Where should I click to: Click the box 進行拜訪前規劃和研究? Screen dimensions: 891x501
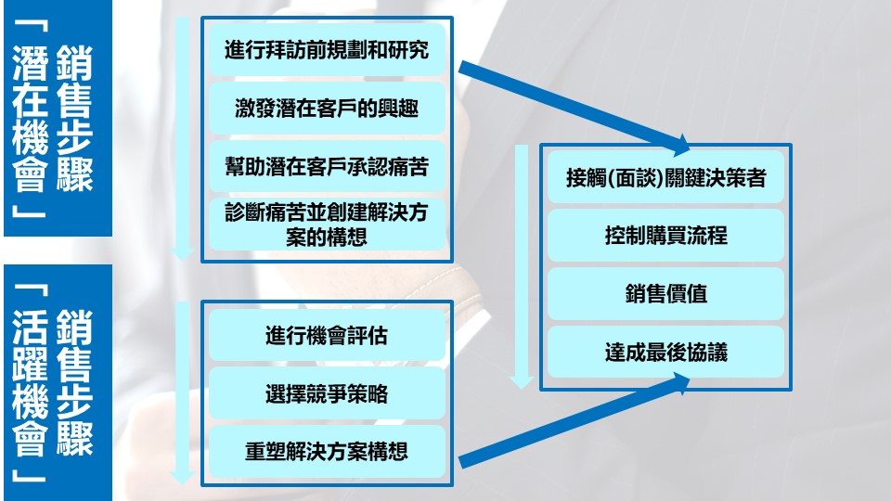(x=327, y=50)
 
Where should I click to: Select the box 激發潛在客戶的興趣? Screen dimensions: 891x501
(x=327, y=108)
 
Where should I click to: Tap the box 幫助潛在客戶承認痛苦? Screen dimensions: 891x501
(x=327, y=166)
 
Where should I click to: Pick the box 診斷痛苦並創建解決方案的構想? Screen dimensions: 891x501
(x=327, y=225)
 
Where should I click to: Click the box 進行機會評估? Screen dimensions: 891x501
(x=327, y=335)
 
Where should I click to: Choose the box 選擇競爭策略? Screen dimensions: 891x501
(x=327, y=393)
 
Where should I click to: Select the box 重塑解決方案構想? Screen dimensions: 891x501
(x=327, y=452)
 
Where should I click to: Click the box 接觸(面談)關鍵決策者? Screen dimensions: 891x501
(x=666, y=177)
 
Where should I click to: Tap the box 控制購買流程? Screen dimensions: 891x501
(x=666, y=235)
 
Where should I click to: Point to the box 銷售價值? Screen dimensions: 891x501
(x=666, y=294)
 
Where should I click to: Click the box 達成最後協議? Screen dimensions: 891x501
(x=666, y=353)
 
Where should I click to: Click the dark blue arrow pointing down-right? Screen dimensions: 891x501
(x=575, y=108)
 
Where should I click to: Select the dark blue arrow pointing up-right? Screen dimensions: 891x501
(x=575, y=420)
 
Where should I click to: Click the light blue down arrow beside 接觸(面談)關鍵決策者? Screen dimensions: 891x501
(x=521, y=267)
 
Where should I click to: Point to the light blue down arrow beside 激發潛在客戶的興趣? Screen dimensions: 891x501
(x=183, y=139)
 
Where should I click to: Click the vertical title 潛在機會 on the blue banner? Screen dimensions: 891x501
(x=30, y=119)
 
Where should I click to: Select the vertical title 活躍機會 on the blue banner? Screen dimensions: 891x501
(x=30, y=383)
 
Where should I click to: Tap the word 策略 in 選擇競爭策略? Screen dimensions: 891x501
(x=368, y=393)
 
